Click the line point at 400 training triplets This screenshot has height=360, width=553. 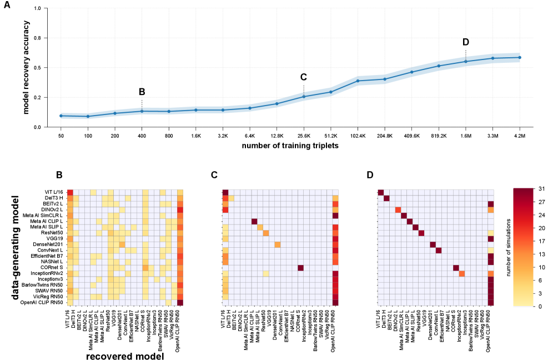(x=142, y=111)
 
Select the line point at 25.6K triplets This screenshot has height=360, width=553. (x=304, y=97)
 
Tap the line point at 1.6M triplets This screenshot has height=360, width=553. (x=465, y=61)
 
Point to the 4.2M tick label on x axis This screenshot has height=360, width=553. (x=520, y=135)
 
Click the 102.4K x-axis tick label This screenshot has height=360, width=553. (x=358, y=135)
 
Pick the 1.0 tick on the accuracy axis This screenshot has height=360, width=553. (x=37, y=9)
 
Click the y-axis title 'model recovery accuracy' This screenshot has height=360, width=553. (x=26, y=67)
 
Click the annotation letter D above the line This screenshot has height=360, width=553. (x=465, y=42)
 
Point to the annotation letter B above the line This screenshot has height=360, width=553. (x=142, y=92)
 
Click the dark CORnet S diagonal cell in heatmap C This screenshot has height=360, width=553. (x=300, y=268)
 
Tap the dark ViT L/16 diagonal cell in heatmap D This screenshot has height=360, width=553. (x=381, y=192)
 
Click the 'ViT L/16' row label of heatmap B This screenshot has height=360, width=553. (x=56, y=192)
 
